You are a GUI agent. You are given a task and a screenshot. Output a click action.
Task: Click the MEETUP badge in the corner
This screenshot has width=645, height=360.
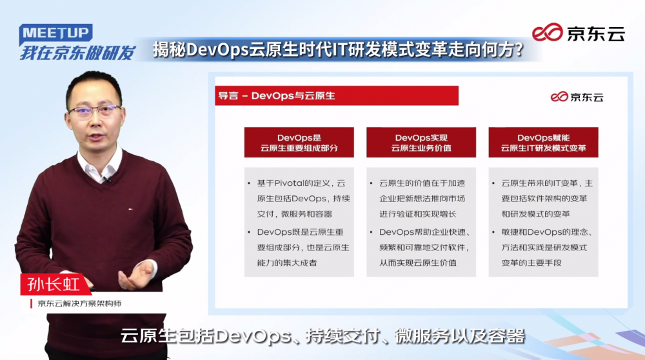point(55,34)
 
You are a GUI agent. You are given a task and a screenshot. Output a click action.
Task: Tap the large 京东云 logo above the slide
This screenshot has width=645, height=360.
point(578,32)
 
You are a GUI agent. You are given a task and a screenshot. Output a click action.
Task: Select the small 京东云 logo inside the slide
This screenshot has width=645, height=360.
point(577,97)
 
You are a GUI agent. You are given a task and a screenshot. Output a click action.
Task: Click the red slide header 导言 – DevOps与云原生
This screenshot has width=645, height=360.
point(337,95)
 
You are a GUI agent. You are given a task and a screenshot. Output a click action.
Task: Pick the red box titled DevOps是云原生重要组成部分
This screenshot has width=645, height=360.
point(299,143)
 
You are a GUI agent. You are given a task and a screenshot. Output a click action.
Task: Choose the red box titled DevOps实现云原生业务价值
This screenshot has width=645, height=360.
point(421,143)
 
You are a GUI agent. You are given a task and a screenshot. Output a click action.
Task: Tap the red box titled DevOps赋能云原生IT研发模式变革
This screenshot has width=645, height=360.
point(543,143)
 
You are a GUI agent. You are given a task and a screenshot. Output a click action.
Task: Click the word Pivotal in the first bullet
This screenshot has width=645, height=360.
point(288,183)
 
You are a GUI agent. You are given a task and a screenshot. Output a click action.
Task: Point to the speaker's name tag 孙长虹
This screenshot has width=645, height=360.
point(54,285)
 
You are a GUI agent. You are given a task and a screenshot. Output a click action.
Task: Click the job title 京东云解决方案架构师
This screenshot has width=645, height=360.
point(79,304)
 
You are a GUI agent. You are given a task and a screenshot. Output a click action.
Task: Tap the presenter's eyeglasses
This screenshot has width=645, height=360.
point(95,110)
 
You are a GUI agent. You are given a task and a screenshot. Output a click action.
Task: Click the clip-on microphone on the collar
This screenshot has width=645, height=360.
point(107,179)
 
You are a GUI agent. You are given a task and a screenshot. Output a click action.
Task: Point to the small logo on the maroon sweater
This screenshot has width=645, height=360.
point(131,209)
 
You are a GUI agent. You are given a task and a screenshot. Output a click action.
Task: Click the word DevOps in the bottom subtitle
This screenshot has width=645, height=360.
point(253,336)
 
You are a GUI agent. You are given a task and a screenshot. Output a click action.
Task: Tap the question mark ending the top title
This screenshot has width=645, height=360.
point(519,50)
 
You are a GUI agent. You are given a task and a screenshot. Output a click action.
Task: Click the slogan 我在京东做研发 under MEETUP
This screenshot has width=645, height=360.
point(78,53)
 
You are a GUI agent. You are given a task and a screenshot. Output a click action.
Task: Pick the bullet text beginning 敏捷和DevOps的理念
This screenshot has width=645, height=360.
point(546,247)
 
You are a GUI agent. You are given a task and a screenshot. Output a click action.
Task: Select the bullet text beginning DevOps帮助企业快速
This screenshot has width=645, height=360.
point(424,247)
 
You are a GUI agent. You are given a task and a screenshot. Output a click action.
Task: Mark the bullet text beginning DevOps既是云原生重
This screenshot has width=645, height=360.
point(303,247)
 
